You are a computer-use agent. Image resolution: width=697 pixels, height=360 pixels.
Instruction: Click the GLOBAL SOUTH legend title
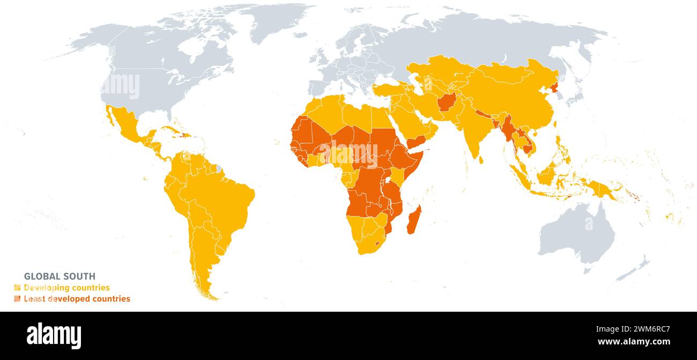click(60, 276)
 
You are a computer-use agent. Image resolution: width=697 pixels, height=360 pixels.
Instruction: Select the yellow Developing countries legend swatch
click(17, 288)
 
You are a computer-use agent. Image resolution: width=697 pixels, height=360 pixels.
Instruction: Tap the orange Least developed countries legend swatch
click(17, 299)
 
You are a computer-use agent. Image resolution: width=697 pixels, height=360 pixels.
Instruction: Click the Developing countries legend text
click(66, 288)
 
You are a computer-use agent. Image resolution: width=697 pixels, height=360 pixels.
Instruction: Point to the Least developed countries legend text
click(77, 299)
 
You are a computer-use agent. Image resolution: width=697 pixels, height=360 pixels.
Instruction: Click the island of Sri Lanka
click(480, 159)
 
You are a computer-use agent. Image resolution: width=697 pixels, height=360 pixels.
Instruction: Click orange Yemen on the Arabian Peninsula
click(416, 141)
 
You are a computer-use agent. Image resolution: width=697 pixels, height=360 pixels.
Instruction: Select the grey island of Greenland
click(279, 21)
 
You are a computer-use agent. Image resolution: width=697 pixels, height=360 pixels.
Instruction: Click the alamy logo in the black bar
click(54, 336)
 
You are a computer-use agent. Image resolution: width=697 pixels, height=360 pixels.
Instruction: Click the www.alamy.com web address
click(633, 342)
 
